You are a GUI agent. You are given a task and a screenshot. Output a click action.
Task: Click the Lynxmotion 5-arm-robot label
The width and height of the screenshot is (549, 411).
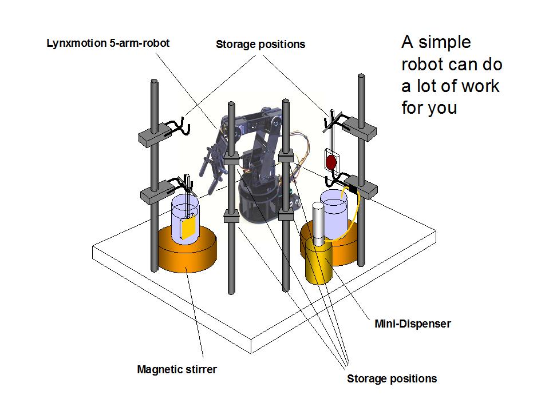pos(108,43)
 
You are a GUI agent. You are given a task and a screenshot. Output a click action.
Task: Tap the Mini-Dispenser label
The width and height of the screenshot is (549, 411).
pos(408,324)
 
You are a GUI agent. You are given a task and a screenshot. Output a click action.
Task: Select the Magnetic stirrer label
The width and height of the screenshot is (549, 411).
pos(177,369)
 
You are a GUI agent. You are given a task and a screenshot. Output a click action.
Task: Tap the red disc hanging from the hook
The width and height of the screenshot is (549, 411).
pos(331,163)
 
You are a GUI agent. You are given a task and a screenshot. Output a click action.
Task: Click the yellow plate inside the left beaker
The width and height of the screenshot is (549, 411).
pos(189,228)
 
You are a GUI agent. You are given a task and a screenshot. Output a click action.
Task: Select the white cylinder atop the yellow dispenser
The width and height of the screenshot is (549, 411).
pos(319,223)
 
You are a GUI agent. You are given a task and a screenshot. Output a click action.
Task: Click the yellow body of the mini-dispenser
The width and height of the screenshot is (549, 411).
pos(319,263)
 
